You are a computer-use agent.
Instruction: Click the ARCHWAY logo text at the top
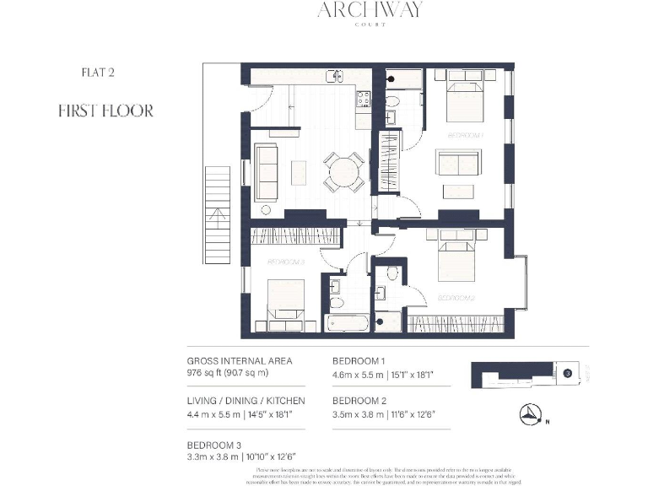(370, 10)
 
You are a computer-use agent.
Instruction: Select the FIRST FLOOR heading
(105, 111)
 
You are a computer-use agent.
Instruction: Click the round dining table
(344, 171)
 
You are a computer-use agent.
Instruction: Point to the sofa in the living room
(267, 171)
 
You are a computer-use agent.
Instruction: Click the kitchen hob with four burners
(364, 100)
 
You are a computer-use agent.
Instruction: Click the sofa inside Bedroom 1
(457, 163)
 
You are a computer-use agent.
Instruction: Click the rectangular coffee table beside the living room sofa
(299, 172)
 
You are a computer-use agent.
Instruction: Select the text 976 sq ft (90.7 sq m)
(228, 372)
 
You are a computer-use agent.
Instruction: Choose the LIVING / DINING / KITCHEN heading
(246, 400)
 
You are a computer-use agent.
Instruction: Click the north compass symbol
(531, 413)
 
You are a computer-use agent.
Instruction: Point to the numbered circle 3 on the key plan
(568, 371)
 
